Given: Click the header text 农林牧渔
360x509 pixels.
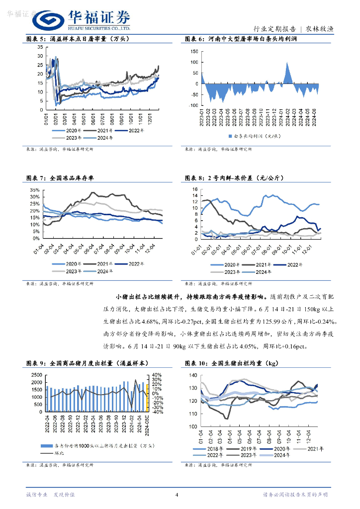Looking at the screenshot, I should coord(319,29).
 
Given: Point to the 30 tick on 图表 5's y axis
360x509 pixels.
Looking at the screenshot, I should coord(40,56).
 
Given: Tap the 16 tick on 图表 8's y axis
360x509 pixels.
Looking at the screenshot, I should coord(195,189).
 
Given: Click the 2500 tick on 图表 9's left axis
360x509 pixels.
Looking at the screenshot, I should coord(37,375).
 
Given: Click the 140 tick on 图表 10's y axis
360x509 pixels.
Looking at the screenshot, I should coord(193,375).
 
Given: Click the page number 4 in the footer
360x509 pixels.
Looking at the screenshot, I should coord(177,494).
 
